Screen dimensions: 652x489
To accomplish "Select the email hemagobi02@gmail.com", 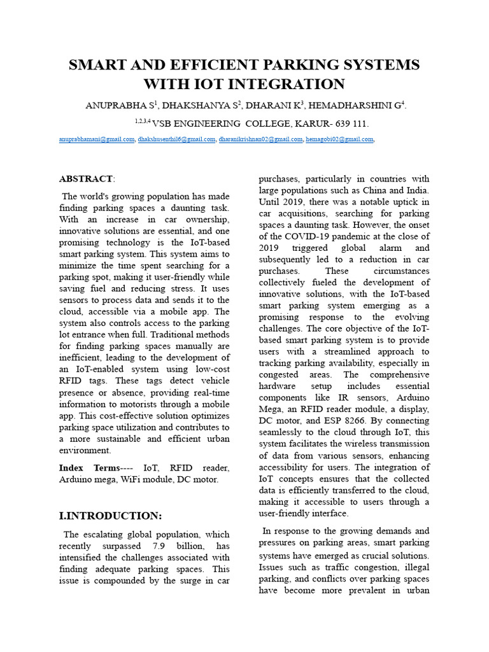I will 339,139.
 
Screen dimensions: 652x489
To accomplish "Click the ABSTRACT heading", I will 85,179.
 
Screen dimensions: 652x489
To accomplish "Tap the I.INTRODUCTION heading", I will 110,516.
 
